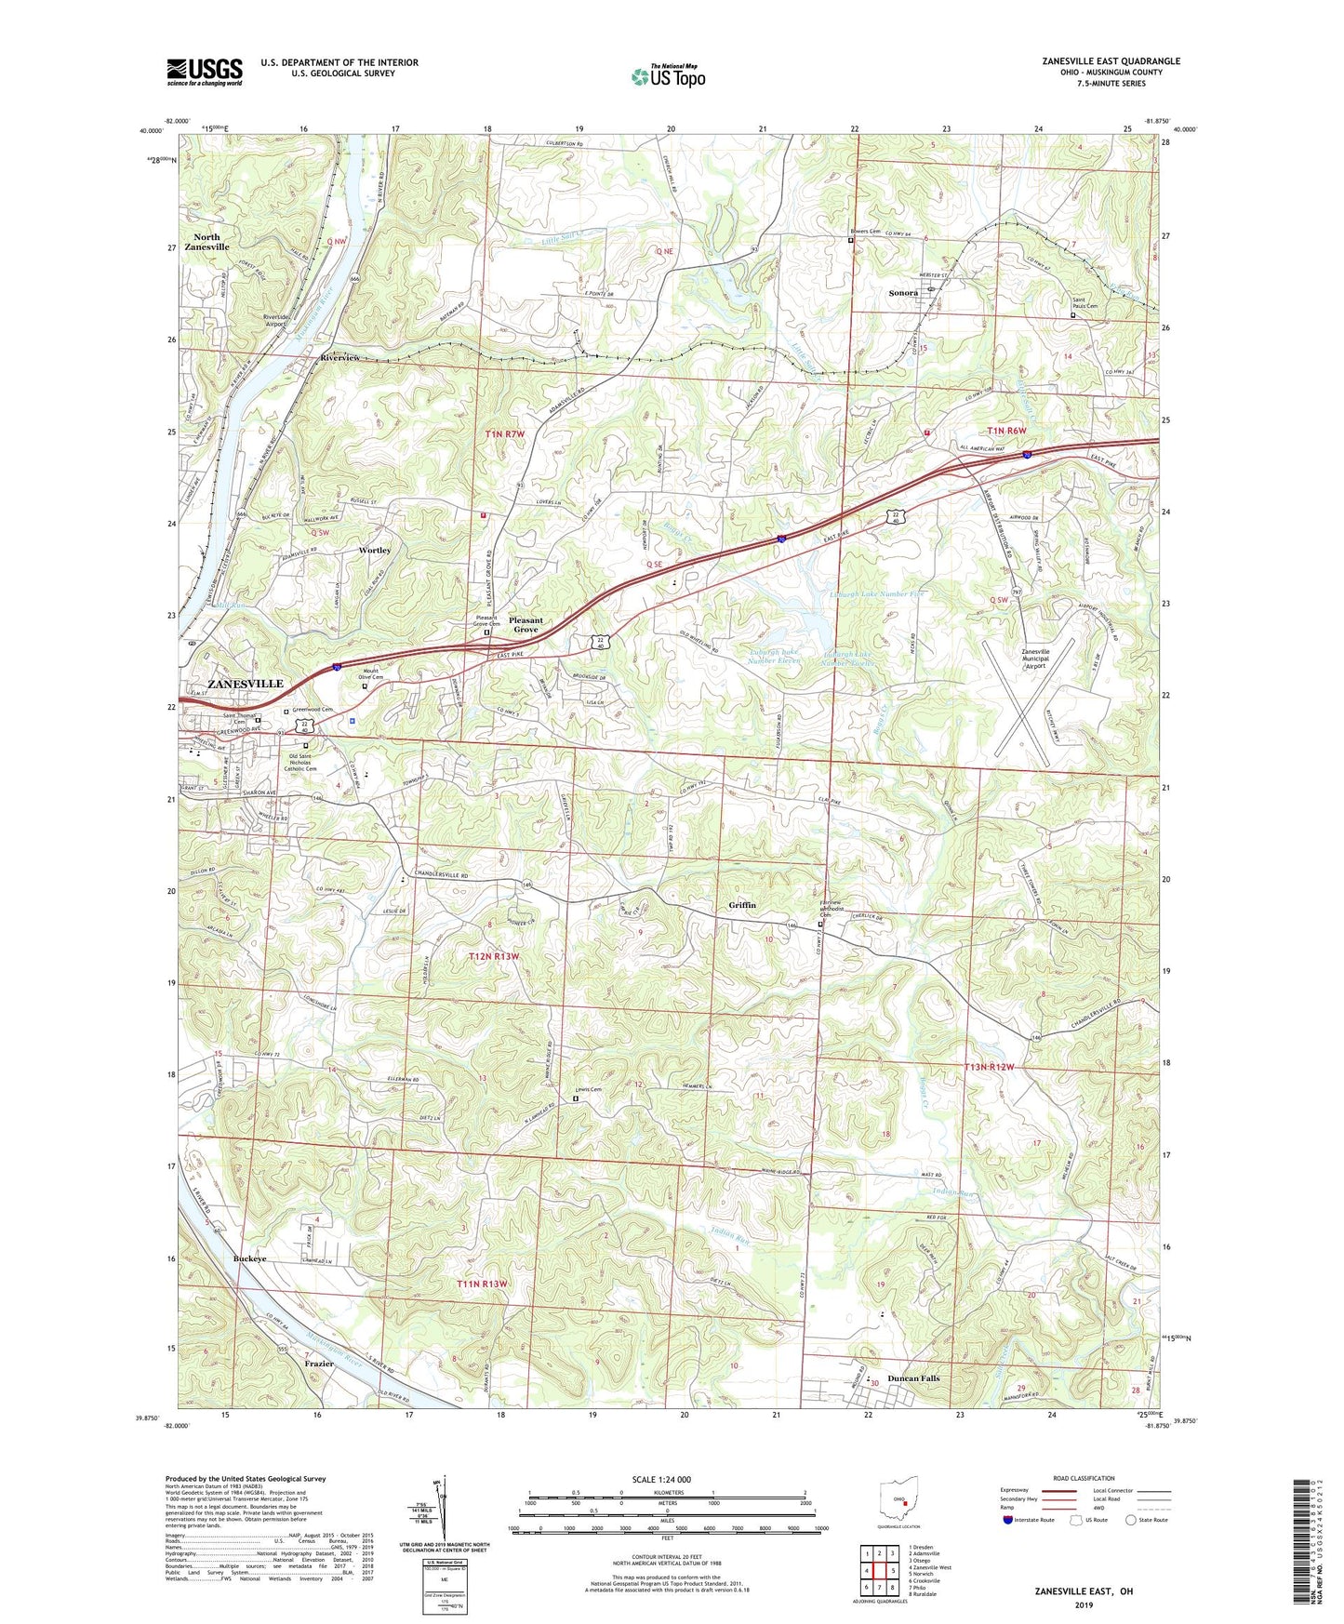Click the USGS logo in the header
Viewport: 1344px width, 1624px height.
[205, 71]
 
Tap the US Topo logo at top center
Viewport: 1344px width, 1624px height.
[668, 76]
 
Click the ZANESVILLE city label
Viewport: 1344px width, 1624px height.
[245, 684]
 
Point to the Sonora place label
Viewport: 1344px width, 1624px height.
[902, 293]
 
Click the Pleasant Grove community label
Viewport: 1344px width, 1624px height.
[526, 624]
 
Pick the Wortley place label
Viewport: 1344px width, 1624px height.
[375, 551]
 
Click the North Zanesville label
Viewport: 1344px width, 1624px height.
[206, 242]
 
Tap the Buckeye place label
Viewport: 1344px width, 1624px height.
[249, 1258]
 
